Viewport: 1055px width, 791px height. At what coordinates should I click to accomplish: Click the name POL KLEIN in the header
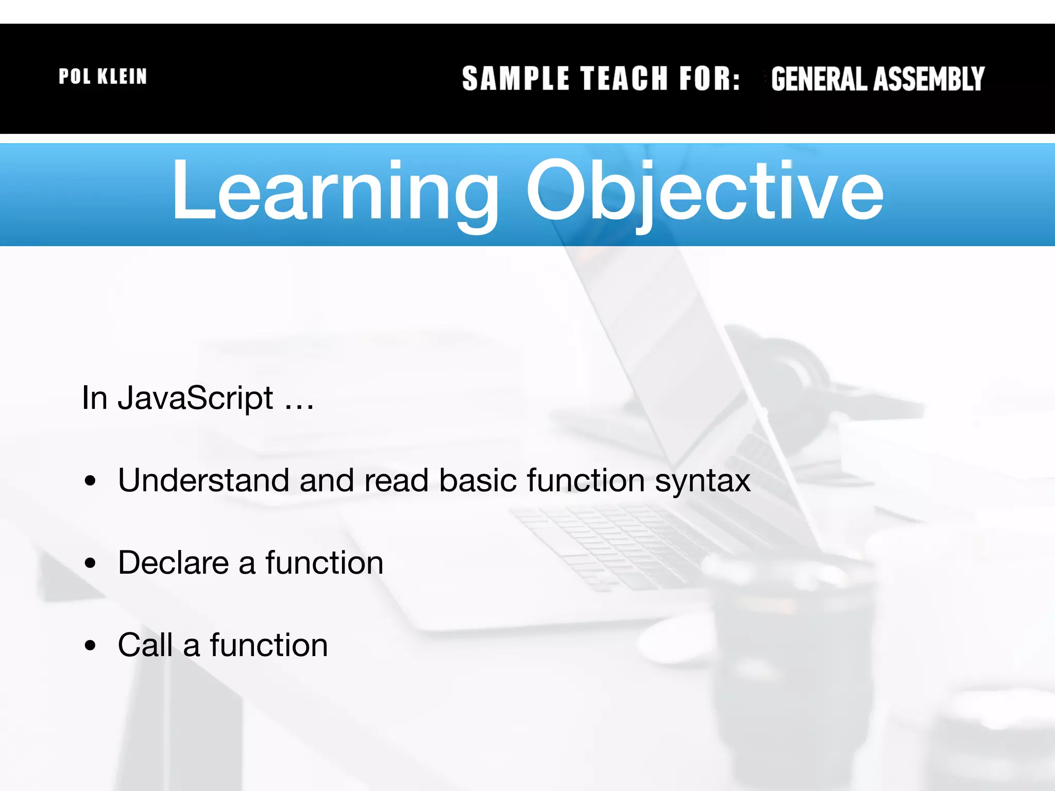pos(103,77)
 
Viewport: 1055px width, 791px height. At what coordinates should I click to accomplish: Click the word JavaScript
pos(195,398)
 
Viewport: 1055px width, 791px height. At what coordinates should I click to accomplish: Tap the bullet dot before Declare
pos(91,563)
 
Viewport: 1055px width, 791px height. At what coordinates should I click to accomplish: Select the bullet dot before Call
pos(91,645)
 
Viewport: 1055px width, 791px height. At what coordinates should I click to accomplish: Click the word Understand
pos(203,480)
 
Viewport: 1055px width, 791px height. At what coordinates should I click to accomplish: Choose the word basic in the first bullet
pos(478,480)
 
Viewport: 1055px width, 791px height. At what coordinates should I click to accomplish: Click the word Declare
pos(174,562)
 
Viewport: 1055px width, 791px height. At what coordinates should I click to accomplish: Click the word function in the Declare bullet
pos(325,562)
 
